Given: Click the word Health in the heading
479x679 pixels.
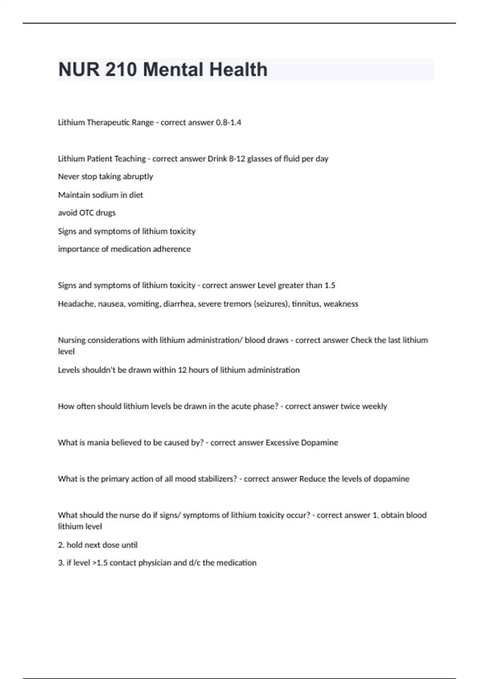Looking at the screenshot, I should click(x=238, y=69).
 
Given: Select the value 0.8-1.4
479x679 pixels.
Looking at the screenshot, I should click(x=228, y=123).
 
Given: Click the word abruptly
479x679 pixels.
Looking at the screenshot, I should click(x=138, y=177).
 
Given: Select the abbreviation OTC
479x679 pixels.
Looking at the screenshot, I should click(x=86, y=213).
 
